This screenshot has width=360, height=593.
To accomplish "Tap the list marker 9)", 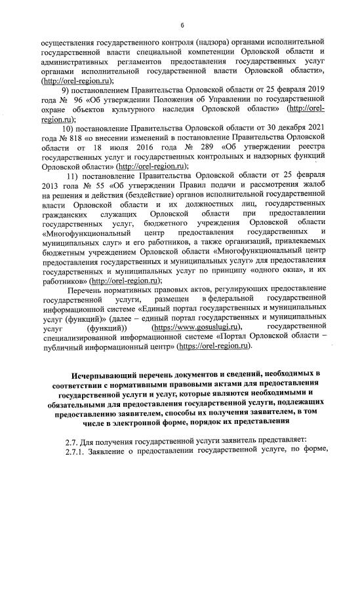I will point(66,90).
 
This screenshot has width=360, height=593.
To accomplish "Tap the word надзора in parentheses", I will point(182,41).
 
